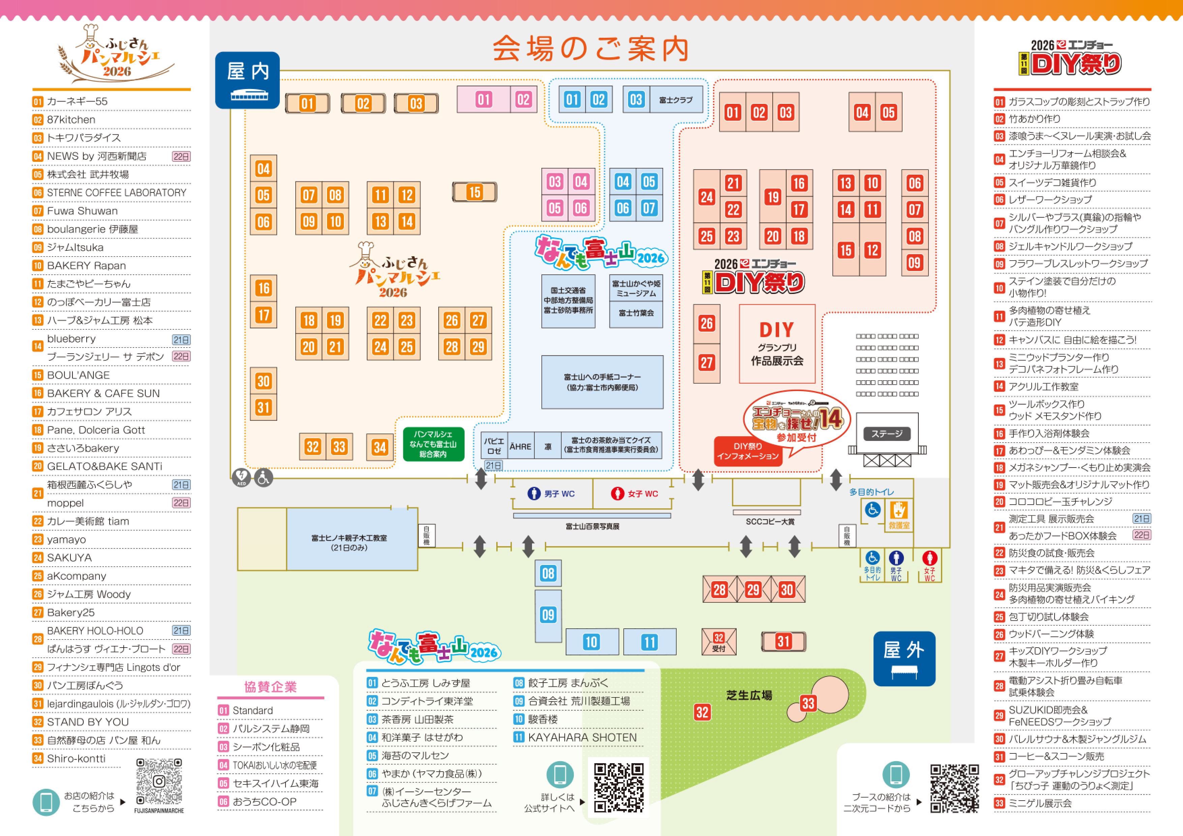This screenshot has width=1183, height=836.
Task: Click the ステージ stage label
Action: tap(886, 434)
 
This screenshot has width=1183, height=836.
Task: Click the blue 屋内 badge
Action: tap(247, 80)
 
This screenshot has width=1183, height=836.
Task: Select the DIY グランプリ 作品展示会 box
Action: tap(777, 344)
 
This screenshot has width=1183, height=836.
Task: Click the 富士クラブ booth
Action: tap(676, 100)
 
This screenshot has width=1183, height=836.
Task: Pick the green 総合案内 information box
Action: tap(433, 444)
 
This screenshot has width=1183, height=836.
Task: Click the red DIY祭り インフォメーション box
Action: tap(748, 451)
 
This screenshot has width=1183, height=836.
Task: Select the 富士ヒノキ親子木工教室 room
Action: tap(349, 542)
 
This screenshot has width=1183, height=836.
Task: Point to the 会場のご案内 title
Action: tap(591, 49)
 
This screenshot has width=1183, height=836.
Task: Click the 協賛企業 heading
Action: tap(270, 687)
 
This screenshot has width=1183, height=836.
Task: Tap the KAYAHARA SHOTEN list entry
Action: tap(582, 738)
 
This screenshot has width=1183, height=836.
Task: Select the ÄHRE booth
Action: tap(521, 446)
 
